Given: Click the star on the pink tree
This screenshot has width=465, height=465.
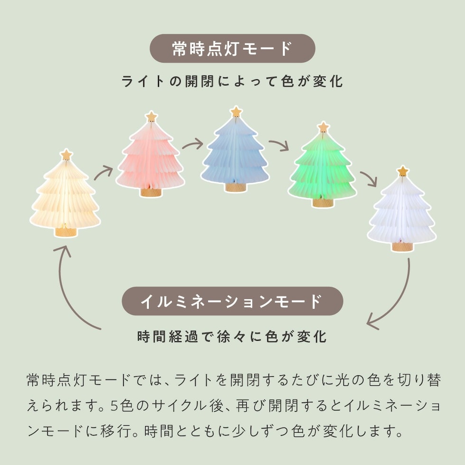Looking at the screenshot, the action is pyautogui.click(x=151, y=117).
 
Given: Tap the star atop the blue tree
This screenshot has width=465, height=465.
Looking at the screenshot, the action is pyautogui.click(x=236, y=112).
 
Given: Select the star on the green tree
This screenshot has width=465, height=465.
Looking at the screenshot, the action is pyautogui.click(x=323, y=127).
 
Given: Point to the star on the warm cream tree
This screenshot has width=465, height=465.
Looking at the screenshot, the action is pyautogui.click(x=66, y=155).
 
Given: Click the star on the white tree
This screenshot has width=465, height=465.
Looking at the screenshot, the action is pyautogui.click(x=402, y=171).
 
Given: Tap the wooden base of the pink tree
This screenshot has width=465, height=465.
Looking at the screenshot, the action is pyautogui.click(x=151, y=192).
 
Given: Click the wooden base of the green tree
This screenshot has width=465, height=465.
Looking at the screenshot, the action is pyautogui.click(x=323, y=202).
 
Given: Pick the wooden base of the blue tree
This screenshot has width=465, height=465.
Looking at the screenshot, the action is pyautogui.click(x=236, y=187).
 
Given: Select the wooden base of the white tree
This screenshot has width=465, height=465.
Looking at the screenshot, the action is pyautogui.click(x=402, y=246).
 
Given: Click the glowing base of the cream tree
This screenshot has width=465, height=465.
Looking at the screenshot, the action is pyautogui.click(x=66, y=232).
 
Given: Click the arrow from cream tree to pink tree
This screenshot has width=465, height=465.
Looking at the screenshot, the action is pyautogui.click(x=104, y=173).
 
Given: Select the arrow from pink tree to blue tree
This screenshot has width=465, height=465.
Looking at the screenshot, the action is pyautogui.click(x=193, y=144).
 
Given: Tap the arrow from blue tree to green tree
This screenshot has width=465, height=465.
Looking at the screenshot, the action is pyautogui.click(x=279, y=145).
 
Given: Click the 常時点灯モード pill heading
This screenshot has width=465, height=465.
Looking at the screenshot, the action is pyautogui.click(x=232, y=48).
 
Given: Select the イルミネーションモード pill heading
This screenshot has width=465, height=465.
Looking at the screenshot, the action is pyautogui.click(x=232, y=301).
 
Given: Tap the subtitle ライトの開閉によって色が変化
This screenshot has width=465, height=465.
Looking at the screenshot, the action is pyautogui.click(x=232, y=81).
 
